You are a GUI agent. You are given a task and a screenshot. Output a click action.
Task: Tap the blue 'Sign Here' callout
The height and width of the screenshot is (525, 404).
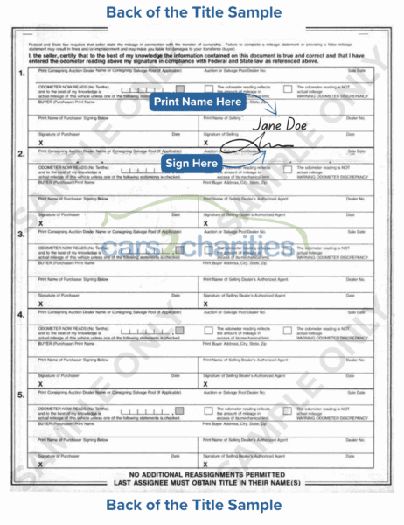pos(192,164)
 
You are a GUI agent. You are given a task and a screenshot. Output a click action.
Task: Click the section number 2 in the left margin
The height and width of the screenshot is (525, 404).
pos(20,153)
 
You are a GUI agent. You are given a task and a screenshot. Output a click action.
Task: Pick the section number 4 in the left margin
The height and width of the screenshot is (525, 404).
pos(20,312)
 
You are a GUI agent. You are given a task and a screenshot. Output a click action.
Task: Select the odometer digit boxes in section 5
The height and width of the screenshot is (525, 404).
pos(139,388)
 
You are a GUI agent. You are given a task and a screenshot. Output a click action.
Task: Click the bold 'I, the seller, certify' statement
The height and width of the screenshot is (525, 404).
pos(201,58)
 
